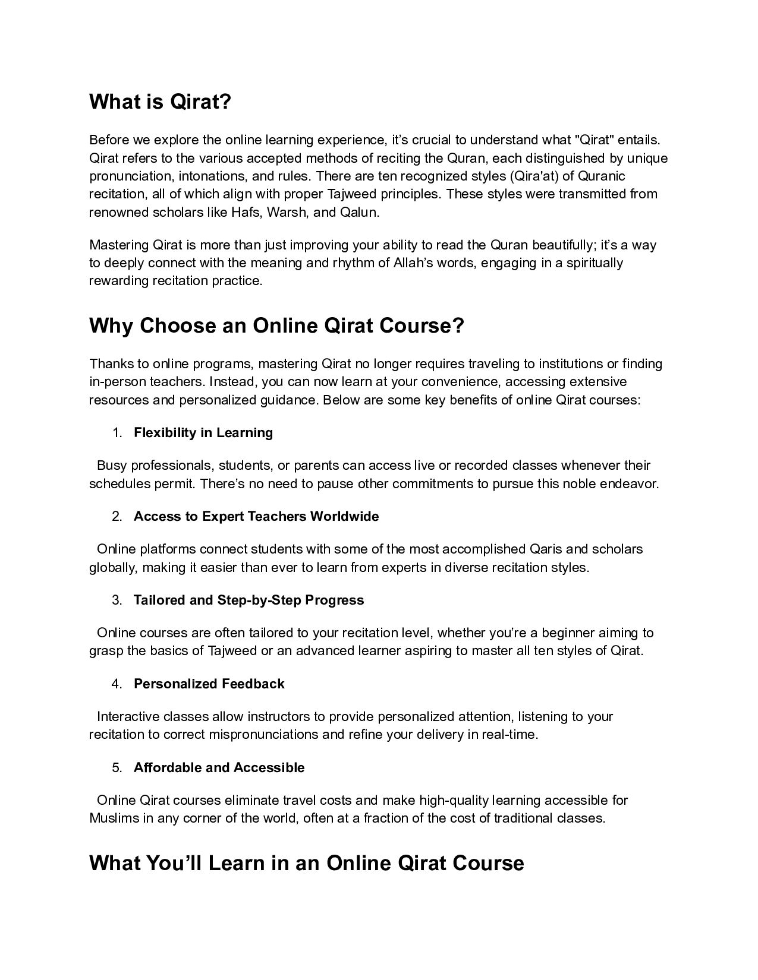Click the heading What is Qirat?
(x=160, y=102)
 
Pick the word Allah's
(x=414, y=263)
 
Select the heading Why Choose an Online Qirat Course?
(x=276, y=325)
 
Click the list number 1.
(x=117, y=432)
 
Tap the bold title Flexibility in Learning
(x=203, y=432)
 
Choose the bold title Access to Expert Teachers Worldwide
(x=256, y=516)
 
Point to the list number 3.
(x=117, y=600)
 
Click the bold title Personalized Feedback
(x=209, y=684)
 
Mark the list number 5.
(x=117, y=767)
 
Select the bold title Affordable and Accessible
(x=219, y=767)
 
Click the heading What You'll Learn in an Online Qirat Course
(x=306, y=863)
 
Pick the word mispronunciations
(x=263, y=734)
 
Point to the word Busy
(x=112, y=465)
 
